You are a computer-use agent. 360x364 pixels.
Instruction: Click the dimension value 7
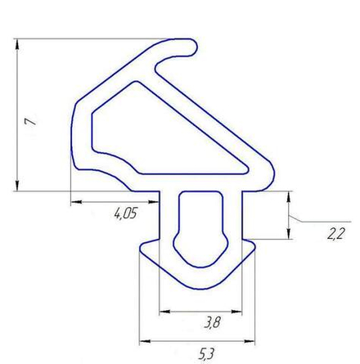30,121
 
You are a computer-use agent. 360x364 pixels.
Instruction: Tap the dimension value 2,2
335,235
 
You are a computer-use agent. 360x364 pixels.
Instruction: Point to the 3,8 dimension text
212,323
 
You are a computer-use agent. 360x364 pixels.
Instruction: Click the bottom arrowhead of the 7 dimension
17,187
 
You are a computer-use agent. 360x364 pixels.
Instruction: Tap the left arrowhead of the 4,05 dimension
75,200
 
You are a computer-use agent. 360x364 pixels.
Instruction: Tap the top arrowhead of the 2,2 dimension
289,195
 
